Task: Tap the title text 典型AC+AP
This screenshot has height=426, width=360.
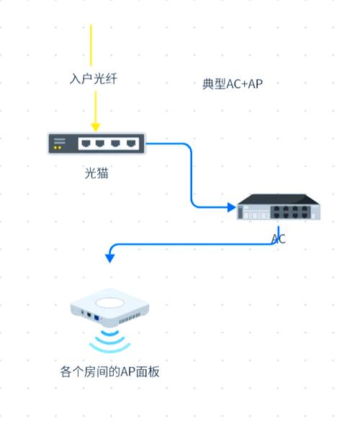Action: [233, 84]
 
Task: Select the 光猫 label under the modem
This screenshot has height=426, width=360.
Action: [96, 173]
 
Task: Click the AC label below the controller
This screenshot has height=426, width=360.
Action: [279, 239]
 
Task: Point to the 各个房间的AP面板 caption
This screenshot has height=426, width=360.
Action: [109, 372]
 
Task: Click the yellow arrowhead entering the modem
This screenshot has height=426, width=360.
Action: [95, 127]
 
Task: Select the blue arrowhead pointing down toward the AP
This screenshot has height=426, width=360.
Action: [109, 258]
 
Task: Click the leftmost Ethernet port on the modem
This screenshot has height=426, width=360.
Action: [85, 144]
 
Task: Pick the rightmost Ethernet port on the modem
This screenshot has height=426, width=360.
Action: [131, 144]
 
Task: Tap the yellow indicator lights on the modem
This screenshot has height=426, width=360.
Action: [58, 148]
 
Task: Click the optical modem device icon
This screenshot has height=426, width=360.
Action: [96, 144]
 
